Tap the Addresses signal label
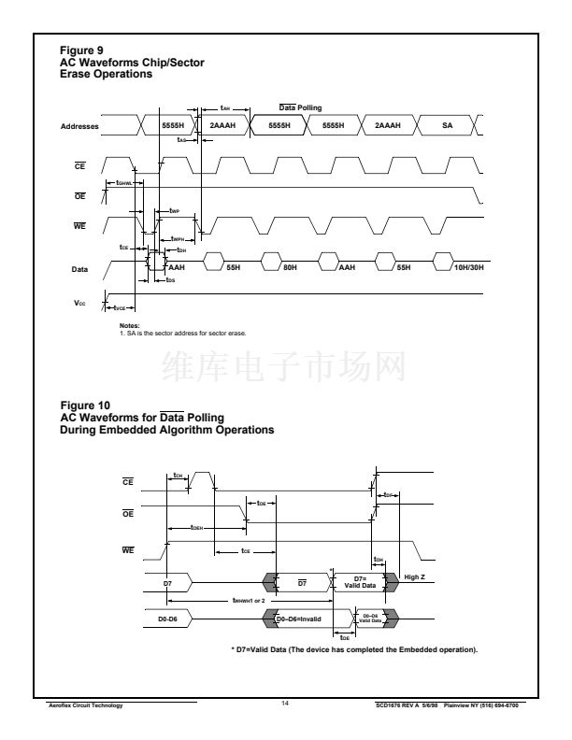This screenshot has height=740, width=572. pyautogui.click(x=80, y=125)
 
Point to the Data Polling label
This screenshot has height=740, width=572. pyautogui.click(x=301, y=108)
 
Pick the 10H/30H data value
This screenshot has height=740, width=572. pyautogui.click(x=468, y=265)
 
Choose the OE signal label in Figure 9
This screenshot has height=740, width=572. pyautogui.click(x=80, y=196)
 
